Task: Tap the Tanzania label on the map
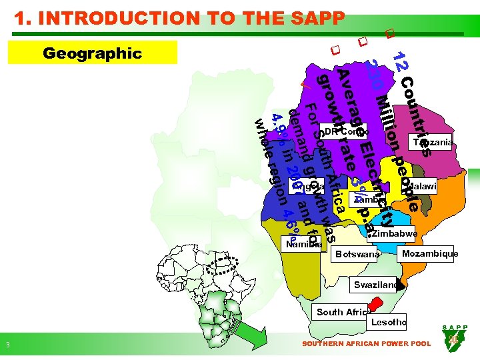[433, 142]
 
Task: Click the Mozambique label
[429, 254]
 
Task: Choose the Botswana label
[358, 255]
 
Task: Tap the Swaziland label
[375, 285]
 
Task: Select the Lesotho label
[388, 322]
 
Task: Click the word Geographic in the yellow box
[91, 53]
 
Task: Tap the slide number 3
[7, 345]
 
